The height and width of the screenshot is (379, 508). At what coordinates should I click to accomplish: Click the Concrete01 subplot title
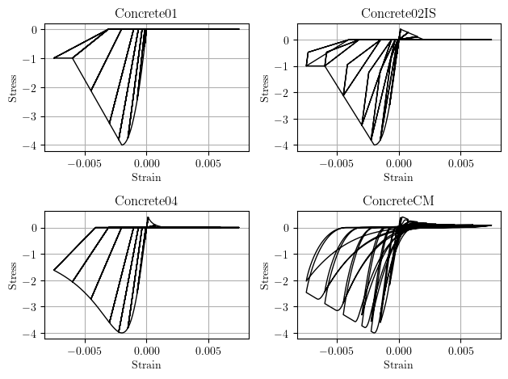click(x=146, y=13)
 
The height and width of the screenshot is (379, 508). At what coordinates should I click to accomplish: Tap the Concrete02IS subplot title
click(x=398, y=13)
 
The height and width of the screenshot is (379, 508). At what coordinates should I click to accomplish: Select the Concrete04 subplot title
click(x=146, y=200)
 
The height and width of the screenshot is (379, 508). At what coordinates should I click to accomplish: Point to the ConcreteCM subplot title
click(x=398, y=200)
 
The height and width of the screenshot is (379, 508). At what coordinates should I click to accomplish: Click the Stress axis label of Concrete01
click(x=12, y=87)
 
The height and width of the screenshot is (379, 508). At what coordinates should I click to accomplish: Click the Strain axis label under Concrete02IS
click(x=398, y=177)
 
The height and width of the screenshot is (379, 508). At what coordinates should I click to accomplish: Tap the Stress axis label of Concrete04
click(x=12, y=275)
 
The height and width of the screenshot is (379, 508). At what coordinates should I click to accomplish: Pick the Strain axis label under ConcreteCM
click(x=398, y=364)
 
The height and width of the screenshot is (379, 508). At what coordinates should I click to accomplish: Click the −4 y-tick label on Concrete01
click(x=31, y=146)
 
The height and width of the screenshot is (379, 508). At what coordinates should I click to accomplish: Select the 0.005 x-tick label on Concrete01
click(x=208, y=163)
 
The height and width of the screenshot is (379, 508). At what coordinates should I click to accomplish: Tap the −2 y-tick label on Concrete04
click(x=31, y=281)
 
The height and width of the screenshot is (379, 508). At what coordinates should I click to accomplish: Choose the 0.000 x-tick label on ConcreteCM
click(x=398, y=351)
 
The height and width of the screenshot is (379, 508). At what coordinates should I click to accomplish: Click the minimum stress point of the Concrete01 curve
click(x=123, y=145)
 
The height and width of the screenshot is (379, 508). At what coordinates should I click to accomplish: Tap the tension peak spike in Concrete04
click(x=147, y=217)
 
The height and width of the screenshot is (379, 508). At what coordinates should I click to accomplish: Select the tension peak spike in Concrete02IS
click(x=400, y=30)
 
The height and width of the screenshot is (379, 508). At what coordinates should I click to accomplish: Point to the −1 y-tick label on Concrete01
click(x=31, y=59)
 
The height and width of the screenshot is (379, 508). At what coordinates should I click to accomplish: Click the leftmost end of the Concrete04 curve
click(x=54, y=270)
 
